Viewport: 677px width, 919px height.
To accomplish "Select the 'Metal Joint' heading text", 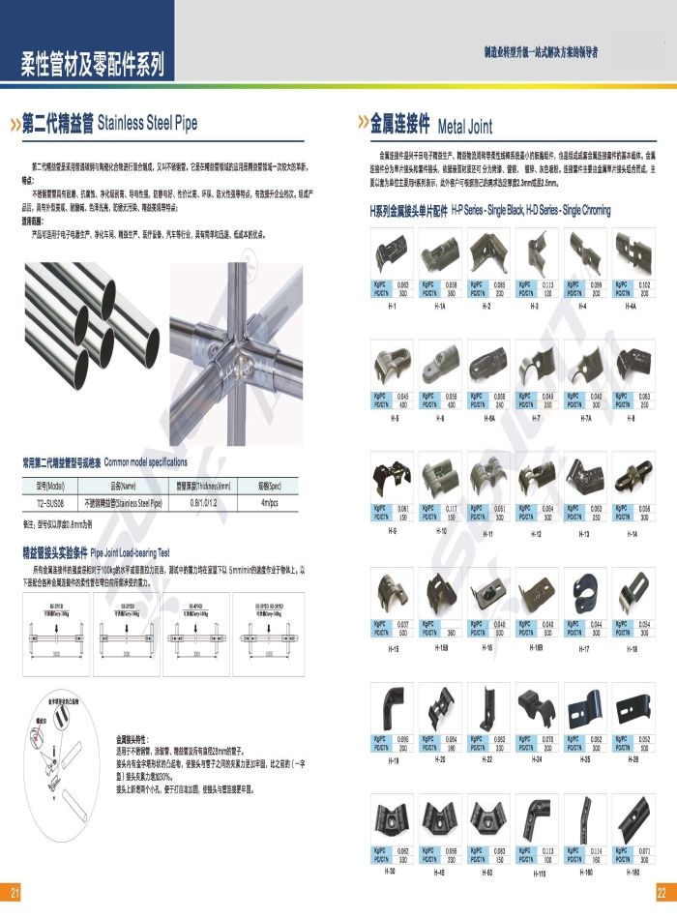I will coord(465,126).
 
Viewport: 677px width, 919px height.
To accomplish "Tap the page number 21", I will coord(14,891).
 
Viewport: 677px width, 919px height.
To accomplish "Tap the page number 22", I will coord(662,891).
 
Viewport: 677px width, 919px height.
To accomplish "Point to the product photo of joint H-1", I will coord(394,252).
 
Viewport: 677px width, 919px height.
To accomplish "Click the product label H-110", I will coord(539,874).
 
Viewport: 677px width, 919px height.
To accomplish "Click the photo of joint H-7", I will coord(537,365).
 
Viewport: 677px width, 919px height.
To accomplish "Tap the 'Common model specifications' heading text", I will coord(145,462).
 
